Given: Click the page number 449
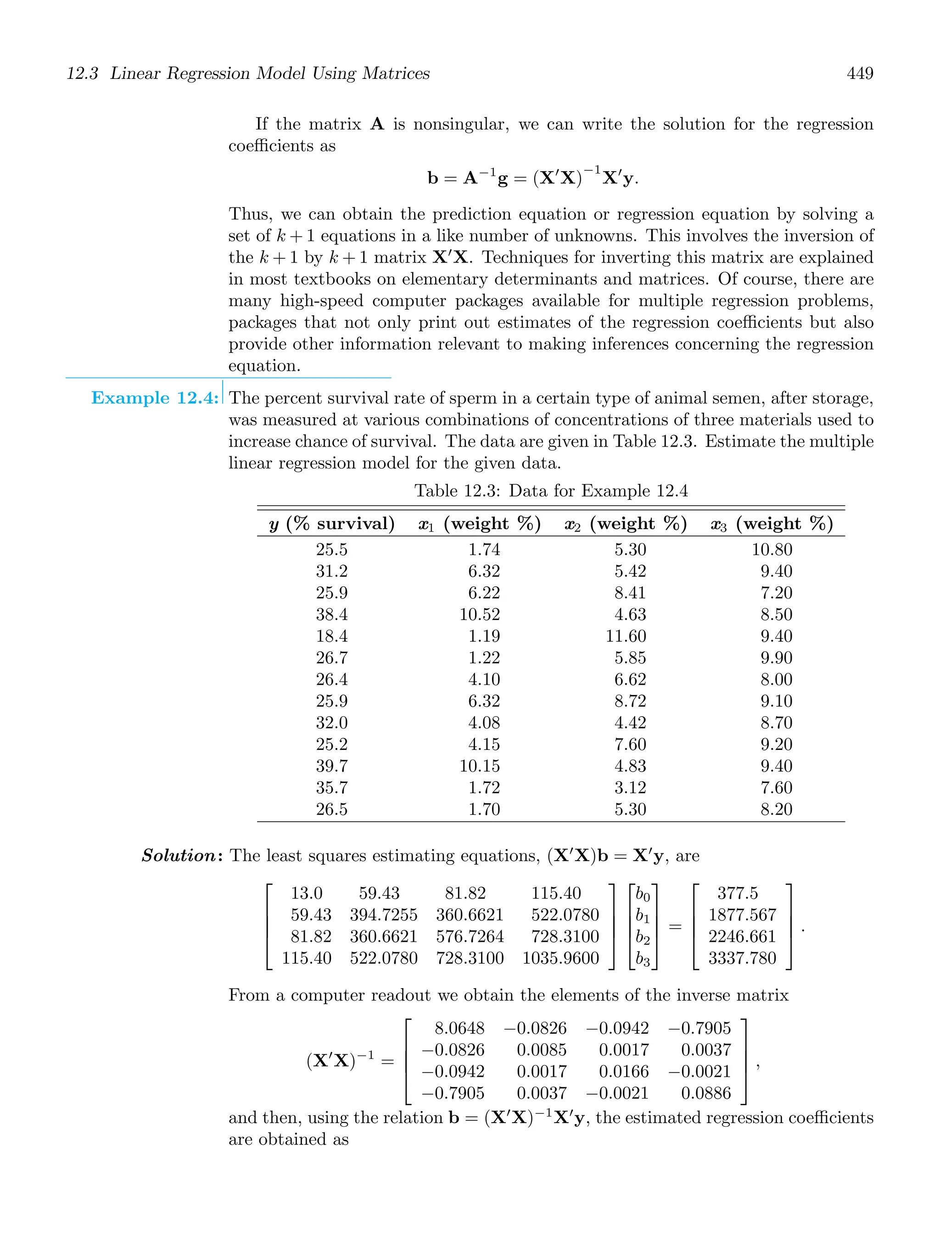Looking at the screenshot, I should [x=859, y=73].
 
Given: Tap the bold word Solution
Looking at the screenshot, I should [x=179, y=855].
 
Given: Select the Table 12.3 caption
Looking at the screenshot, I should [x=551, y=491].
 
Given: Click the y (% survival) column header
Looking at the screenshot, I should [x=332, y=524].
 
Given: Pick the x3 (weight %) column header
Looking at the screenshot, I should [x=772, y=524].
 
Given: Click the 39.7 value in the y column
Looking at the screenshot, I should [x=331, y=766].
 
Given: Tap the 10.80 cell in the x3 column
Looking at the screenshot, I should [x=772, y=550].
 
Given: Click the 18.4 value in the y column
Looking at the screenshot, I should [x=331, y=636].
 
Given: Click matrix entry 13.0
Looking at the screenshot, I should [x=307, y=893].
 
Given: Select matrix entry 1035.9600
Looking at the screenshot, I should [x=560, y=958].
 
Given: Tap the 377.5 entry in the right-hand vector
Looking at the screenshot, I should [x=737, y=893].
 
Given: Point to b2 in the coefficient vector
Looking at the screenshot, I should [x=643, y=937].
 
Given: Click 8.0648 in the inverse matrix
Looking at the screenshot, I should [x=459, y=1028].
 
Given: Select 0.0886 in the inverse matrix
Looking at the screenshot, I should [x=706, y=1093].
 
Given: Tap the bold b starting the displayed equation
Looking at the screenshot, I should [x=432, y=179].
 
